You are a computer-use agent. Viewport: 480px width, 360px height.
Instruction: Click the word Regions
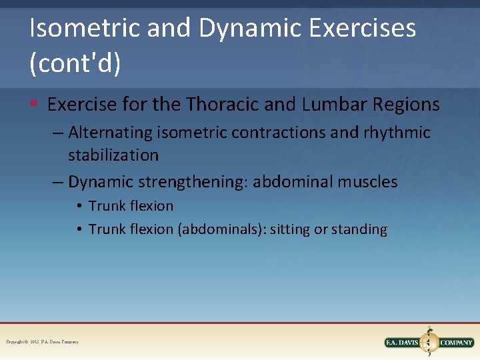pos(410,105)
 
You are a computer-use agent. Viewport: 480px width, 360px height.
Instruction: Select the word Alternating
pos(111,133)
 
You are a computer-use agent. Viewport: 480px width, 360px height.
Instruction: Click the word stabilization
pos(113,155)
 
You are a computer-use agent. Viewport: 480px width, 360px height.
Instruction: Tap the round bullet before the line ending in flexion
pos(79,206)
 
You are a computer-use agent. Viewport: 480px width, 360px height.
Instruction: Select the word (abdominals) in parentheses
pos(218,229)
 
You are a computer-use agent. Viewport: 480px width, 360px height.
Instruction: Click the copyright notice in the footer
pos(42,342)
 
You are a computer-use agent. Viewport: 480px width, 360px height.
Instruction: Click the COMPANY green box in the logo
pos(456,343)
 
